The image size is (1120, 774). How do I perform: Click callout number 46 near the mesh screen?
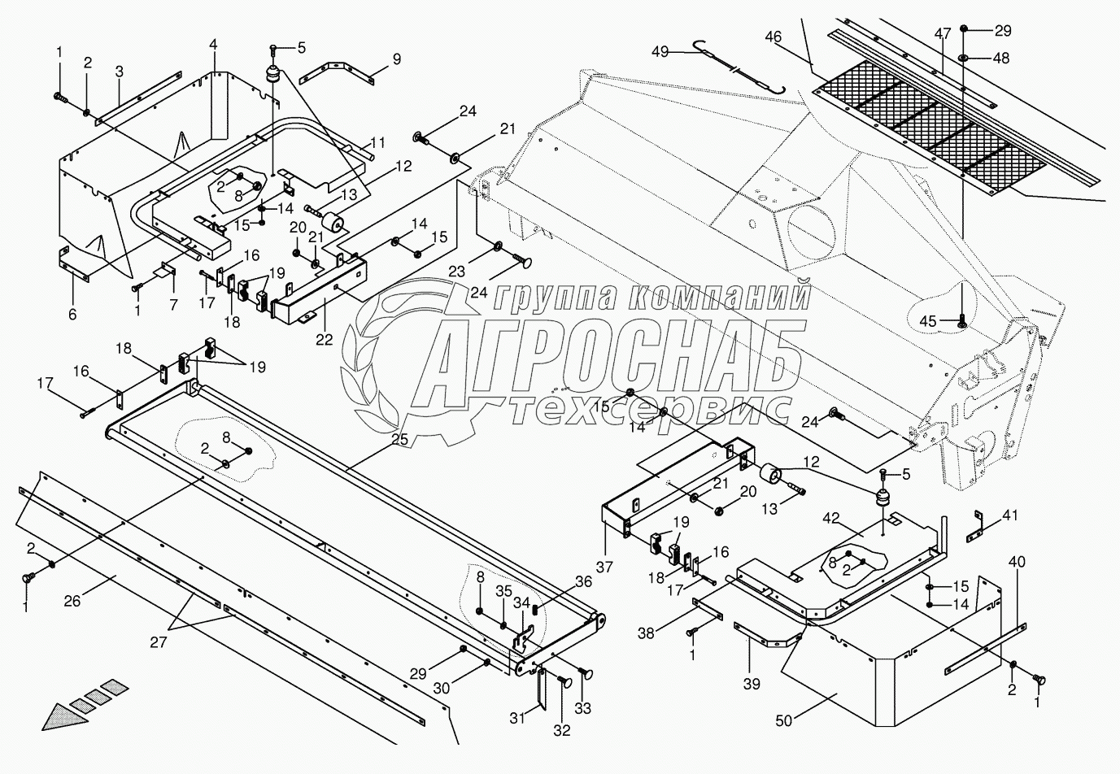[x=773, y=37]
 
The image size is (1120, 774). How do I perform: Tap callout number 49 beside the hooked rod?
[x=660, y=51]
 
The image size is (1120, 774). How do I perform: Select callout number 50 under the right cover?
[x=784, y=721]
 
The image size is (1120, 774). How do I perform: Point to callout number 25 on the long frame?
[x=399, y=439]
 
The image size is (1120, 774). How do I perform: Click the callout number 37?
[x=604, y=567]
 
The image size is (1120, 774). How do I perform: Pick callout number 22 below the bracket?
[x=324, y=340]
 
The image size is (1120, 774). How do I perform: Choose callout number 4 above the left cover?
[x=213, y=44]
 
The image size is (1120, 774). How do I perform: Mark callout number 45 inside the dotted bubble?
[x=928, y=321]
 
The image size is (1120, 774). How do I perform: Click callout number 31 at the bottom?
[x=517, y=718]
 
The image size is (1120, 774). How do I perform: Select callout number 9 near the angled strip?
[x=396, y=59]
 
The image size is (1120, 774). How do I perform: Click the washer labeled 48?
[x=962, y=58]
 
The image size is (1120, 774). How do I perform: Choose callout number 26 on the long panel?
[x=72, y=601]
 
